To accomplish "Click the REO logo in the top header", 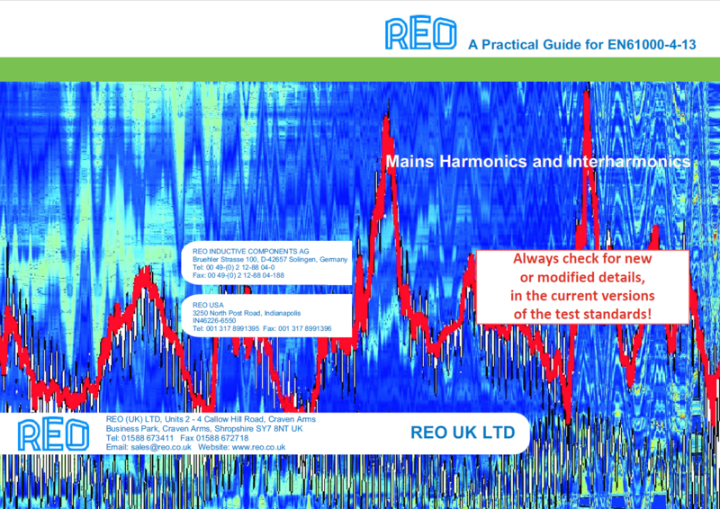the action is tap(420, 33).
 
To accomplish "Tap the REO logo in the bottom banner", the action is tap(53, 434).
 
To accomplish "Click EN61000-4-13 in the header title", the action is tap(652, 45).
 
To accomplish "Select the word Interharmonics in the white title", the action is tap(629, 161).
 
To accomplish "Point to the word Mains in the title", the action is tap(409, 161).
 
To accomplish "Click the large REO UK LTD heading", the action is tap(463, 433).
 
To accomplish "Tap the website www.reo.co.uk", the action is tap(259, 447).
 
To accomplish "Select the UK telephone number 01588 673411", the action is tap(148, 438).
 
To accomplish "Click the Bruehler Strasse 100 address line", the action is tap(270, 259).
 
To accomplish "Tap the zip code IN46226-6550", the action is tap(214, 320).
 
